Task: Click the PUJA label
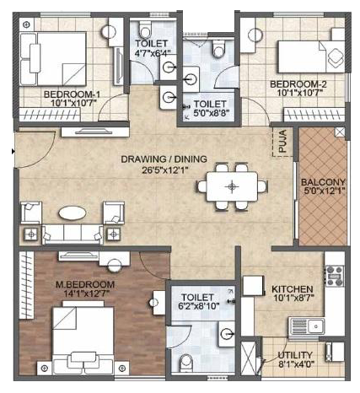point(282,141)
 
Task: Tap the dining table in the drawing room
point(232,186)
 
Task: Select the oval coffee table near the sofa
point(73,213)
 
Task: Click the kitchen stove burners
point(335,276)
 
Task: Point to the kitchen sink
point(306,327)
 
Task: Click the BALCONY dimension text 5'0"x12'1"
point(325,191)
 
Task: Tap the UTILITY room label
point(295,355)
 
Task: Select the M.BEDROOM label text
point(85,284)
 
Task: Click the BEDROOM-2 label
point(298,84)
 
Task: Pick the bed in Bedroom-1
point(53,59)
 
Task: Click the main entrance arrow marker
point(13,152)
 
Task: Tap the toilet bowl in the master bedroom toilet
point(185,363)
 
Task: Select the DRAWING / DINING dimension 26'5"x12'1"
point(164,170)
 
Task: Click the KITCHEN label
point(293,289)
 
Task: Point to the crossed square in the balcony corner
point(340,132)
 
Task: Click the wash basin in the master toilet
point(227,334)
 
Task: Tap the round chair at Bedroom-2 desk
point(255,35)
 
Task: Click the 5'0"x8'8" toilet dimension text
point(212,113)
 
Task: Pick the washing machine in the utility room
point(335,352)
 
